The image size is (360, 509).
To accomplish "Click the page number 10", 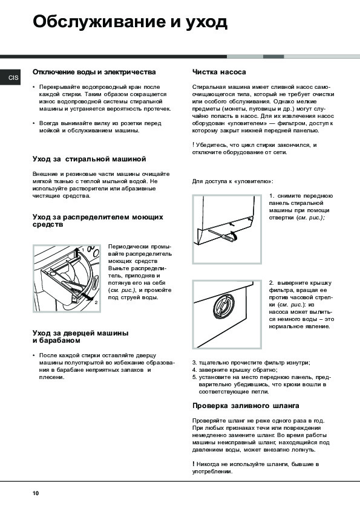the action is [x=36, y=493].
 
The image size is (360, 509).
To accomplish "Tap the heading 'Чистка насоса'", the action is [x=219, y=72].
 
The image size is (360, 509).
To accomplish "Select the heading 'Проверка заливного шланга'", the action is [x=246, y=406].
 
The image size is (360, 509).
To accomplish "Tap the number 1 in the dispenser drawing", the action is [x=83, y=250].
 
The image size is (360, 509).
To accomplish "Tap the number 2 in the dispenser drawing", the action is [x=96, y=302].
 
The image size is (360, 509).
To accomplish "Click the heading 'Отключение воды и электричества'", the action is [x=94, y=72].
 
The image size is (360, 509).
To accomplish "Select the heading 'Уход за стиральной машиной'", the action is [x=90, y=159].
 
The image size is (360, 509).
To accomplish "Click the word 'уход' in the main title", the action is [x=206, y=23].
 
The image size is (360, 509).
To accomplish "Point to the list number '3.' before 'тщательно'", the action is [x=195, y=363].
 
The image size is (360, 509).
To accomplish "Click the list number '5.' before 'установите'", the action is [x=195, y=377].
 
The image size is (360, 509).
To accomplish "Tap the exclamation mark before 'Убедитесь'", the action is [x=194, y=144].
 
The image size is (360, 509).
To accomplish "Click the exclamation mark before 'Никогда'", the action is [x=194, y=464].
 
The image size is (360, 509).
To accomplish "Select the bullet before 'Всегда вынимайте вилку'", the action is [x=34, y=123].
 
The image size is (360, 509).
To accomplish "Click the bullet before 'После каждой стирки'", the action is [x=34, y=355].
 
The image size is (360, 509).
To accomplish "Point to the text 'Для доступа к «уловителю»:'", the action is [x=232, y=181].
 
